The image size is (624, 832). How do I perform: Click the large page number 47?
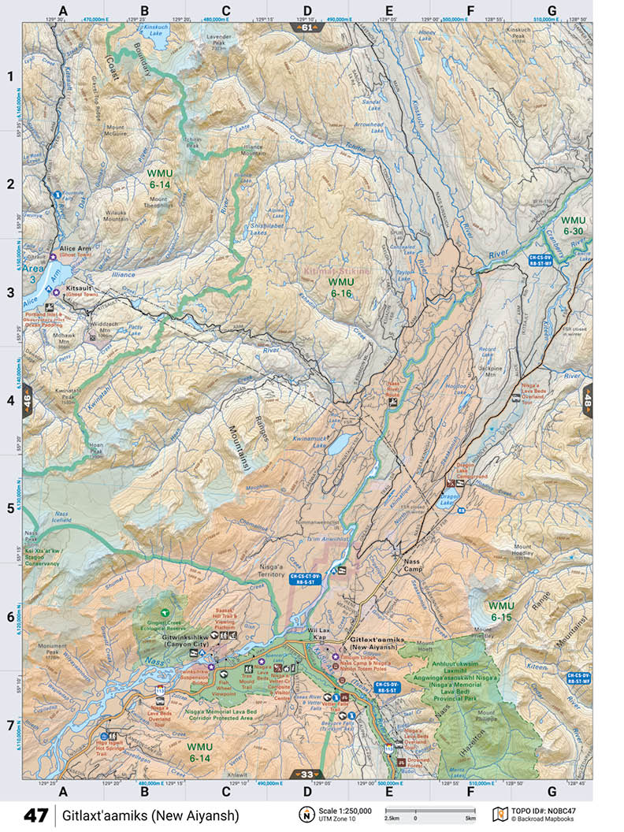35,815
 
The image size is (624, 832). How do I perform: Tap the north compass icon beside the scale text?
304,814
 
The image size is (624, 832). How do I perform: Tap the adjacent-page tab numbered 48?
587,399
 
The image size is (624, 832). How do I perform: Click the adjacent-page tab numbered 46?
28,399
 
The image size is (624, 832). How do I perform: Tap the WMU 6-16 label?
341,287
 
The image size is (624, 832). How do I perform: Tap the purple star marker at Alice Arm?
53,257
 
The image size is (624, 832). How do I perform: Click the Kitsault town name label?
80,288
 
